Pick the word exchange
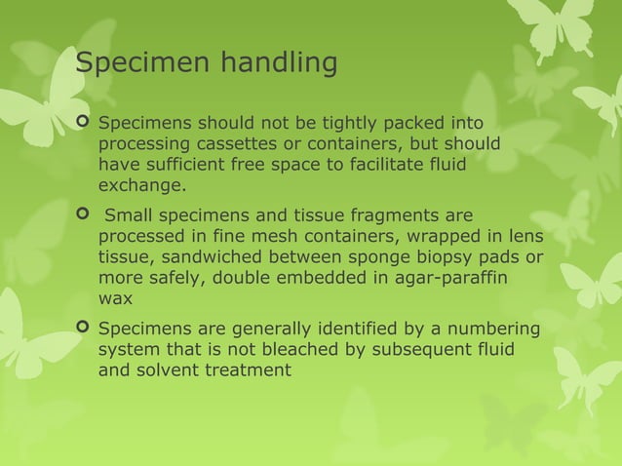139,186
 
